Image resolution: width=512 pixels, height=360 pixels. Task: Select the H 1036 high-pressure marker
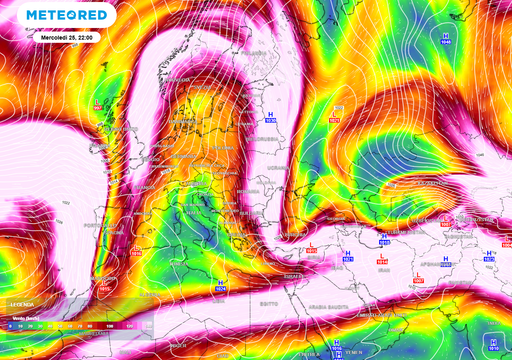click(x=269, y=118)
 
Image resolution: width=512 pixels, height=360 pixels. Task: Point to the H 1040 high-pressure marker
click(x=445, y=39)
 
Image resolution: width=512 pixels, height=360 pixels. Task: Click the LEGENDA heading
click(x=21, y=304)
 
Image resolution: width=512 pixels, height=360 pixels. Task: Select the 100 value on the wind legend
click(x=109, y=326)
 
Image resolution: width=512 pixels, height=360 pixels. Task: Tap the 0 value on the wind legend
click(x=9, y=326)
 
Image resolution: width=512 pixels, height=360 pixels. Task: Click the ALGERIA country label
click(x=150, y=290)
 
